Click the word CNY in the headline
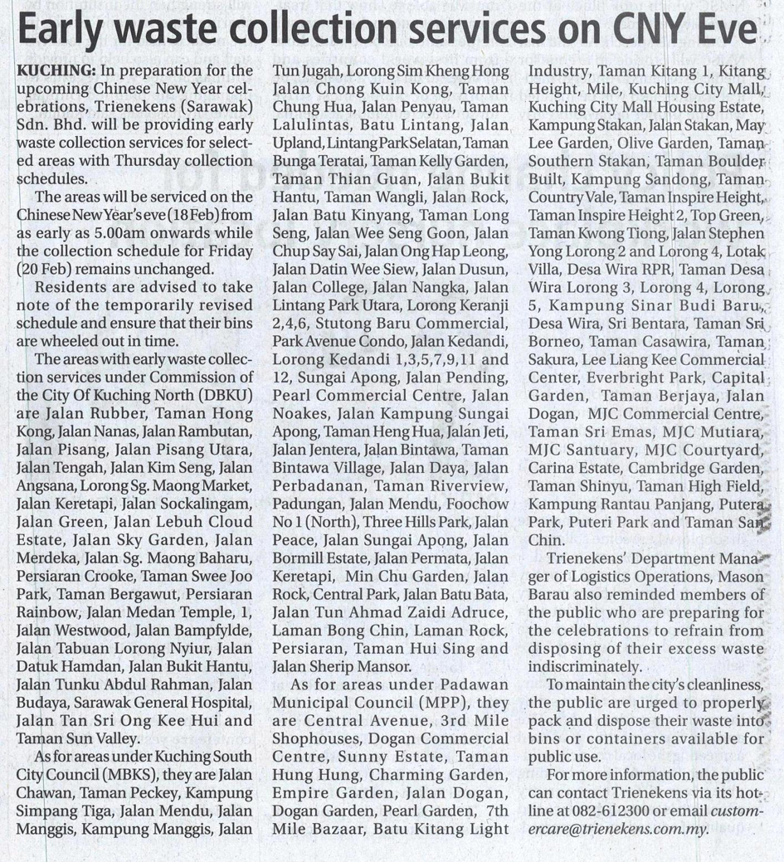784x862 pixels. (646, 31)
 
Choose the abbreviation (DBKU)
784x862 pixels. (223, 395)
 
